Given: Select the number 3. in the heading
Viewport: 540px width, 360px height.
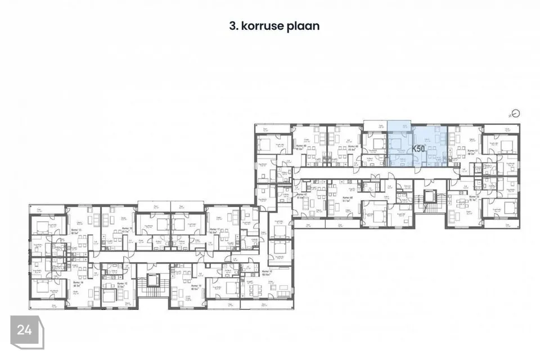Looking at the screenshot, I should (232, 26).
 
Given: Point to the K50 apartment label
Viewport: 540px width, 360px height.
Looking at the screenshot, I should (418, 149).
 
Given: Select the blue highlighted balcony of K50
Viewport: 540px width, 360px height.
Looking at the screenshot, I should (399, 126).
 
